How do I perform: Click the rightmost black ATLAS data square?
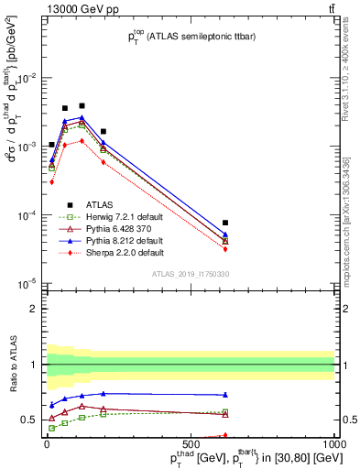(225, 223)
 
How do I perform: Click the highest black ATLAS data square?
(82, 106)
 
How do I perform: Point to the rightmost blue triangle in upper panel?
(225, 234)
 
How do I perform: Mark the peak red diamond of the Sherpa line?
(82, 141)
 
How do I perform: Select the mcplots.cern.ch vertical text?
(346, 211)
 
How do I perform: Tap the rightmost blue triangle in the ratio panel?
(225, 395)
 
